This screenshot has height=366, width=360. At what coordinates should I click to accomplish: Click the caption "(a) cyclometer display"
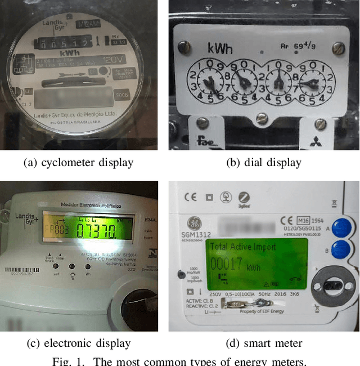(x=78, y=163)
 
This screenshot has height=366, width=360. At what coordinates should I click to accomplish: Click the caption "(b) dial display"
(x=264, y=163)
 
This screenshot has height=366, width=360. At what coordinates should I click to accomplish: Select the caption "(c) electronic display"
(x=78, y=343)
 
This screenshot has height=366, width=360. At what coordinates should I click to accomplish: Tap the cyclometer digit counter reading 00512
(x=62, y=42)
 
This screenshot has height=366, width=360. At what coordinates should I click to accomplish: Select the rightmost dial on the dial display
(x=313, y=83)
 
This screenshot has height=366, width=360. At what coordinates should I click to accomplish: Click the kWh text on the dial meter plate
(x=220, y=48)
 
